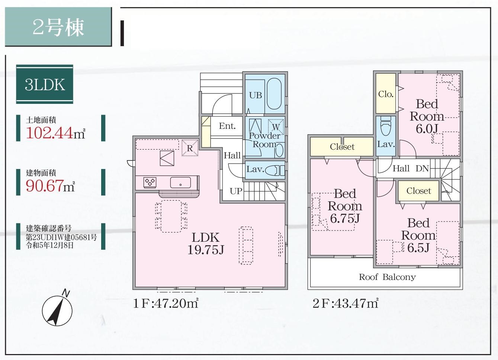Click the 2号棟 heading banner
pos(58,27)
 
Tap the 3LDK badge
pos(45,85)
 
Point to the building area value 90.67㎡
pos(51,185)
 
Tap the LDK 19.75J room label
pos(205,244)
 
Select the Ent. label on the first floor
pos(227,126)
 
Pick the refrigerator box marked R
pos(190,148)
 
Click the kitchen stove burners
pos(150,182)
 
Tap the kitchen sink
pos(180,182)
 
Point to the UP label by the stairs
pos(236,191)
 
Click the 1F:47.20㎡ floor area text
pos(166,304)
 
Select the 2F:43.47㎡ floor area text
pos(346,304)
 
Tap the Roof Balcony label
pos(387,277)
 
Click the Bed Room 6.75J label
pos(345,206)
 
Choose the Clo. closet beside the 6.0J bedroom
pos(386,94)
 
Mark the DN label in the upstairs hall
pos(422,169)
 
